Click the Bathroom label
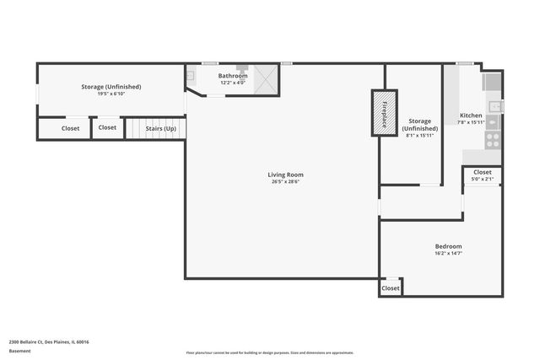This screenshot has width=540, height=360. pos(233,76)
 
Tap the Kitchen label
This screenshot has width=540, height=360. pos(471,115)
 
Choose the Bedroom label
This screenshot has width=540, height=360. pos(448,246)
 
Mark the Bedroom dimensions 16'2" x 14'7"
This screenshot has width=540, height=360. pos(448,253)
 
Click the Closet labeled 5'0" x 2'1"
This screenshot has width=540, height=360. pos(482,172)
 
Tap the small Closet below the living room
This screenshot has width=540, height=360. pos(390,288)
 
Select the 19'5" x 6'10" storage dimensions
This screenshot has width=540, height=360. pos(111,94)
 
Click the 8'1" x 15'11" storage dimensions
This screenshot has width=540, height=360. pos(419,136)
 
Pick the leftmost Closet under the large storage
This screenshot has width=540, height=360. pos(71,128)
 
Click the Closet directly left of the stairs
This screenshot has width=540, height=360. pos(107,127)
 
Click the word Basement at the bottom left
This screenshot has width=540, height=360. pos(19,351)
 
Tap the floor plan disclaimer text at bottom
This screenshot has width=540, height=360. pos(270,352)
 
